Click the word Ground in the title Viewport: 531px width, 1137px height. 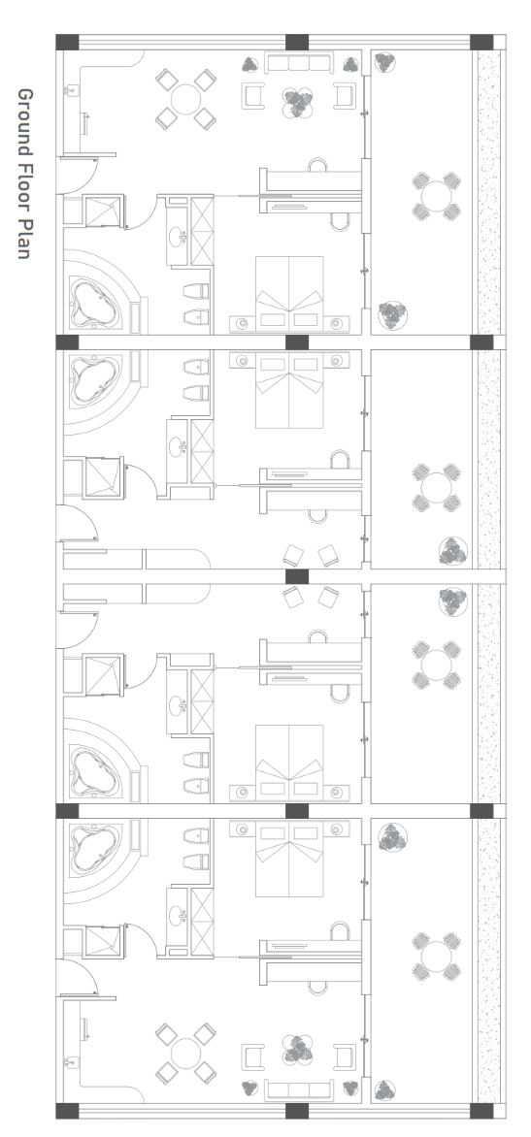(24, 120)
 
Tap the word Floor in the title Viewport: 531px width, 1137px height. (24, 185)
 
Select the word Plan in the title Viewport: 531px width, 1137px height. (24, 239)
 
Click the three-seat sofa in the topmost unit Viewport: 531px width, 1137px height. (299, 63)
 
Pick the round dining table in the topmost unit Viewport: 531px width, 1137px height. (185, 99)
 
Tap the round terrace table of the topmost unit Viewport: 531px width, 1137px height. (437, 197)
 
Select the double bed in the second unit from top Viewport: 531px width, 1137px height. (289, 390)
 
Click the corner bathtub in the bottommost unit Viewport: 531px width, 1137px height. (93, 848)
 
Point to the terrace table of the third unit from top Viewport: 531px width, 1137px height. (437, 665)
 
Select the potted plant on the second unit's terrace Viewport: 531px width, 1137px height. (452, 551)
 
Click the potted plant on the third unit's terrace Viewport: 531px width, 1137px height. (452, 601)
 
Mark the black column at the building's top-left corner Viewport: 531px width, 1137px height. (67, 42)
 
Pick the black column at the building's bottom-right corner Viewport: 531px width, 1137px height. (481, 1110)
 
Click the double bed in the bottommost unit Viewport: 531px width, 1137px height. (289, 859)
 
